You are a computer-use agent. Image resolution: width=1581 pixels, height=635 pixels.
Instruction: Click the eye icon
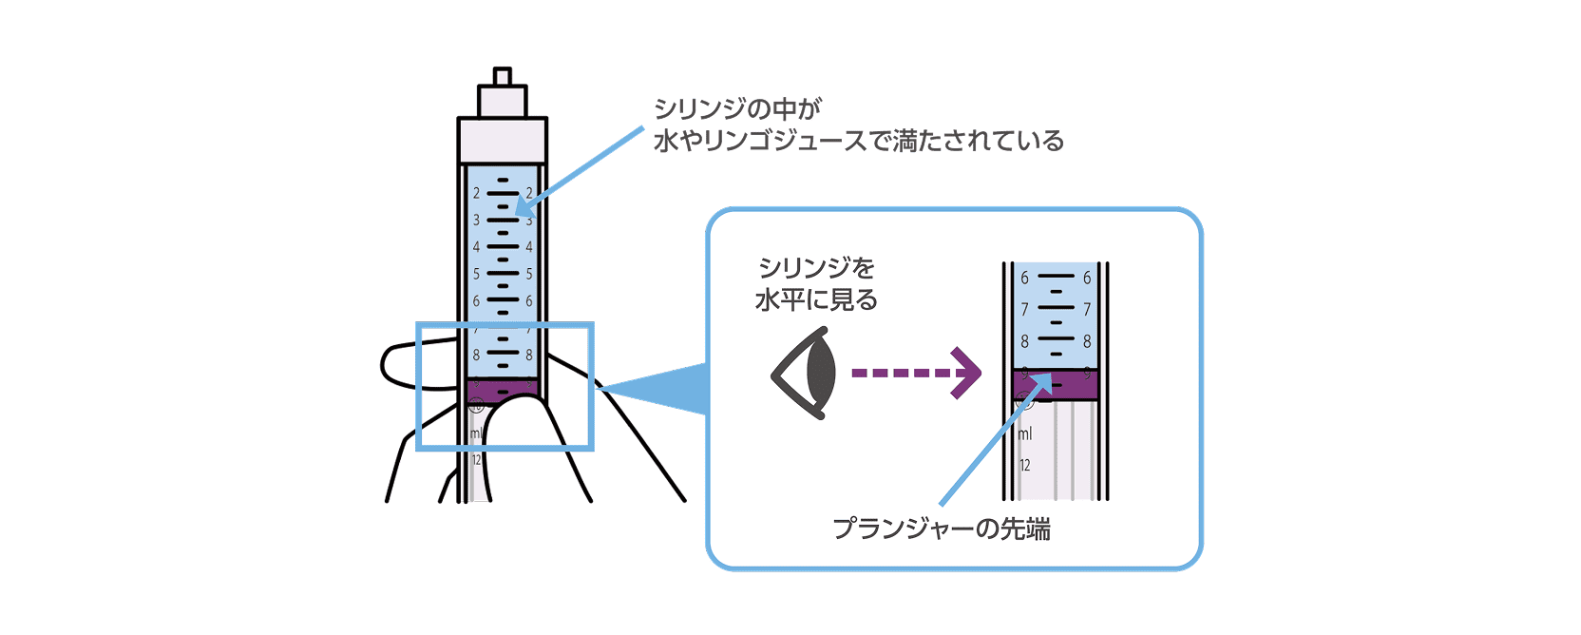[x=806, y=374]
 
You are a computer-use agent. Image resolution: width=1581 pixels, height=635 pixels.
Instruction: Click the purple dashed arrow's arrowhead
[x=967, y=374]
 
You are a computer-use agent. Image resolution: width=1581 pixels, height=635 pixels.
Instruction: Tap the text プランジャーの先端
[x=942, y=529]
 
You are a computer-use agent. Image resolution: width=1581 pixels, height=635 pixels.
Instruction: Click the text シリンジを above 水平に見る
[x=816, y=269]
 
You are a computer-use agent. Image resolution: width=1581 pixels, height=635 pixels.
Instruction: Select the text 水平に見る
[x=816, y=300]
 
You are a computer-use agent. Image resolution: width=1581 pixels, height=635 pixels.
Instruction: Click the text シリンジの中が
[x=737, y=108]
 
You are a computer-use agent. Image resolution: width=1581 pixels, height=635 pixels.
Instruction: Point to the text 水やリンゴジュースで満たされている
[x=859, y=142]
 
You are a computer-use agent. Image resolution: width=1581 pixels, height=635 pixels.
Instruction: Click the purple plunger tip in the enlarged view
[x=1055, y=384]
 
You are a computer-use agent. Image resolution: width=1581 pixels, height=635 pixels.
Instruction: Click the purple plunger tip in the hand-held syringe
[x=503, y=389]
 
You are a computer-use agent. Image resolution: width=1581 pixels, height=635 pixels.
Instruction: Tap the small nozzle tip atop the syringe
[x=503, y=76]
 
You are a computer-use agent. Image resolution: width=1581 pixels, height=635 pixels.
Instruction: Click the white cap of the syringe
[x=503, y=140]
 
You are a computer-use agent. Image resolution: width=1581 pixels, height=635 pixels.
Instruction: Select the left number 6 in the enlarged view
[x=1024, y=279]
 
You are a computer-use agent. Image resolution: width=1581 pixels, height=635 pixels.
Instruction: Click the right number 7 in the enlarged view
[x=1087, y=310]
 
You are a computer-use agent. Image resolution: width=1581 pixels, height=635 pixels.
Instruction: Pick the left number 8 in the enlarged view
[x=1024, y=341]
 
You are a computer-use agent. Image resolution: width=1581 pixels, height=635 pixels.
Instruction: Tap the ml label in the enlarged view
[x=1025, y=434]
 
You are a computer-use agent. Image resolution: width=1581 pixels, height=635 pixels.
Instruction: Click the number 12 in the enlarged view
[x=1025, y=466]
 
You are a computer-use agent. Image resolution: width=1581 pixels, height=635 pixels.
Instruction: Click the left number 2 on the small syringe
[x=477, y=193]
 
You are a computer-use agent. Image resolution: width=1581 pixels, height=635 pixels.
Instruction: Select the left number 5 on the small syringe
[x=477, y=274]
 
